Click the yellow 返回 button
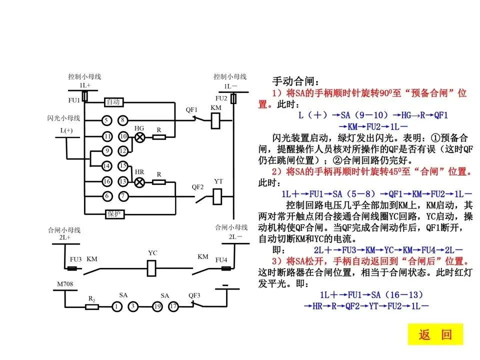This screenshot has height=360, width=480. coord(435,334)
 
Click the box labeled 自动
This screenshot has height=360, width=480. coord(113,102)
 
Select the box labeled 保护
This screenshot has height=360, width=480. coord(114,214)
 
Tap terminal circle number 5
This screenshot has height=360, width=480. coord(106,120)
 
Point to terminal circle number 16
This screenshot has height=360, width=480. coord(106,181)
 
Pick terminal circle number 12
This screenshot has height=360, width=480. coord(123,151)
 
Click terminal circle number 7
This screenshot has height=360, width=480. coord(123,196)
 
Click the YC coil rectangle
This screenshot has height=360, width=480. coord(152,269)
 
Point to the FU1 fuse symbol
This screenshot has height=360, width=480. coord(85,96)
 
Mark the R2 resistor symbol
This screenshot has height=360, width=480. coord(92,306)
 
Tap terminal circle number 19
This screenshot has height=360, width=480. coord(157,306)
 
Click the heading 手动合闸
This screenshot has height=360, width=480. coord(294,81)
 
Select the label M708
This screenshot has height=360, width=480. coord(65,284)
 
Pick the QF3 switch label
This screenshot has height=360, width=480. coord(194,295)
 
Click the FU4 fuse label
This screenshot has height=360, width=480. coord(221,260)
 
